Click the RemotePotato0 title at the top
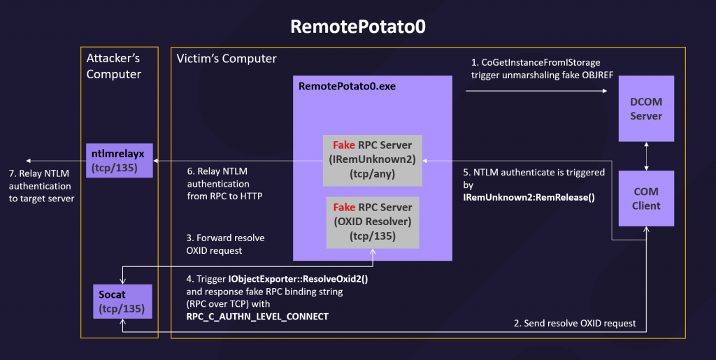(x=358, y=27)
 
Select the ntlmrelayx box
(x=119, y=161)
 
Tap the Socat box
(x=122, y=301)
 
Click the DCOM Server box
(x=646, y=108)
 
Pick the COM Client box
(x=646, y=199)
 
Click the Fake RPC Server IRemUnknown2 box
(x=372, y=160)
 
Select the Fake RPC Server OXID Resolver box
(x=373, y=222)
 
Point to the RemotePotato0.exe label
(x=347, y=86)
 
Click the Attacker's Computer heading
(x=114, y=66)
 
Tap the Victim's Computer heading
(x=227, y=59)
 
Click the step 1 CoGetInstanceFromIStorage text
(x=542, y=69)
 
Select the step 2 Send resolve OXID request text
(x=575, y=323)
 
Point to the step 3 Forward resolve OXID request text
(x=225, y=244)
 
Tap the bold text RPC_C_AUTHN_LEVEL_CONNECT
(x=257, y=316)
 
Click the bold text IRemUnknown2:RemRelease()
(x=529, y=198)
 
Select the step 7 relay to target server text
(x=41, y=186)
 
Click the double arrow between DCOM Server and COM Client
(x=646, y=156)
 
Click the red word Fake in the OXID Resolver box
(x=344, y=207)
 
